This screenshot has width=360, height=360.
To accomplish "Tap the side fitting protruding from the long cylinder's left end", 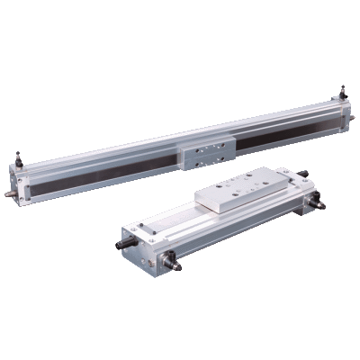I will click(8, 192).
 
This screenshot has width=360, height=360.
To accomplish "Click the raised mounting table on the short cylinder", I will click(238, 193).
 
